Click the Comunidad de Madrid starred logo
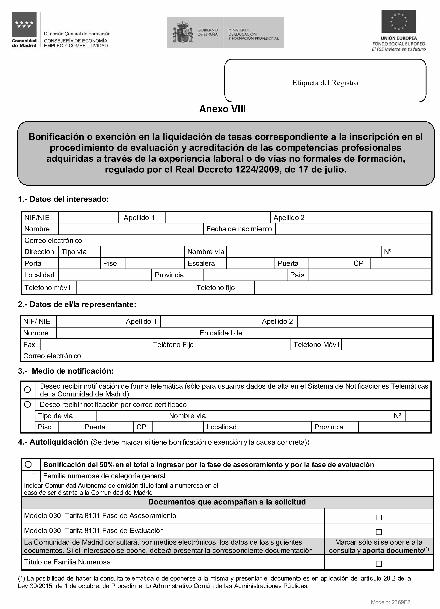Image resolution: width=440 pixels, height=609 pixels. tap(24, 25)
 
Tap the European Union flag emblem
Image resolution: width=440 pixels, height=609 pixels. tap(398, 22)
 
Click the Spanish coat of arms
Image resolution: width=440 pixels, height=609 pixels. tap(183, 32)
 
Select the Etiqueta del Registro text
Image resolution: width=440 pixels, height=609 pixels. tap(325, 83)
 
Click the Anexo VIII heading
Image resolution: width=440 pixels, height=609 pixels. tap(222, 109)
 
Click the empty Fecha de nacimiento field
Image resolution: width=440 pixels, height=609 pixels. tap(353, 229)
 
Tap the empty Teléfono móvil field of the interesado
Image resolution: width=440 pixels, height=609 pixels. tap(135, 288)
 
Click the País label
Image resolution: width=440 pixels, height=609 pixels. tap(297, 275)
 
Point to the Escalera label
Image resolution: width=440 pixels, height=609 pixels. tap(201, 263)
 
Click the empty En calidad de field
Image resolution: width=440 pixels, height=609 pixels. tap(345, 333)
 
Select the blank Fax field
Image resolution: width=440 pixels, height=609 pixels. tap(95, 345)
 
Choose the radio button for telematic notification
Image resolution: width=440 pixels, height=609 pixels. tap(27, 390)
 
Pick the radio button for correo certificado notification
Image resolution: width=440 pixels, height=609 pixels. tap(27, 404)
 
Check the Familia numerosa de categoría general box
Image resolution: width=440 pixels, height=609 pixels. tap(34, 476)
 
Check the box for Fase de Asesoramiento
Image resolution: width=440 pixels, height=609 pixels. tap(379, 517)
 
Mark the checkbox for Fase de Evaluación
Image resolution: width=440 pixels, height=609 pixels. tap(379, 532)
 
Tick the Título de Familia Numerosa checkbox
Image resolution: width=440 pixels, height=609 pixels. tap(379, 564)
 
